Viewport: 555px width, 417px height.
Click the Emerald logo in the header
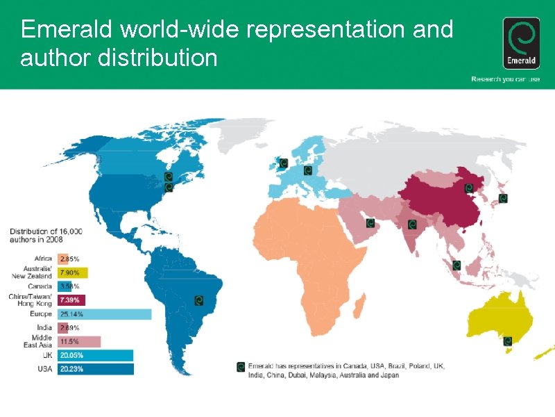(x=521, y=43)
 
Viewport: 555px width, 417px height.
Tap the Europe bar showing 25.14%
(x=104, y=314)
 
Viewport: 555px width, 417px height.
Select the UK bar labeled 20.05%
(x=95, y=355)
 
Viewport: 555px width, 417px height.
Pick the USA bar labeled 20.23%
(x=95, y=369)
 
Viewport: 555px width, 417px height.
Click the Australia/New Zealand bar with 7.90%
(x=73, y=272)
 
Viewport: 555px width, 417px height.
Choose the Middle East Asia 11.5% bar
(x=79, y=341)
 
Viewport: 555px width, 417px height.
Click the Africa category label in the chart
(x=43, y=259)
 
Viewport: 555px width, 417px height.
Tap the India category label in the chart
(x=43, y=327)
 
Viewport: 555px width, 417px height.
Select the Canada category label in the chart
(x=40, y=286)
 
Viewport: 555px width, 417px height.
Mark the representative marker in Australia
(x=508, y=341)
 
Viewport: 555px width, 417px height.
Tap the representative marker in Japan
(x=503, y=198)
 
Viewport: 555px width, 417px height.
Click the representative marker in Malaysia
(x=456, y=265)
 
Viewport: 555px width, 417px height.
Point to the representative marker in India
(x=411, y=224)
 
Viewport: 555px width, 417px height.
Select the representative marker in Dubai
(x=370, y=223)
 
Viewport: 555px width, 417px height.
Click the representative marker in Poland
(x=308, y=170)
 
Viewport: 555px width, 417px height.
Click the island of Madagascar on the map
(x=359, y=304)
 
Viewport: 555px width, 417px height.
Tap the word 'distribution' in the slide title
(x=157, y=58)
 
